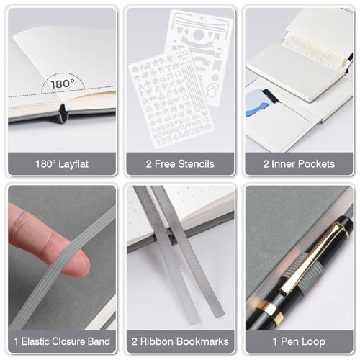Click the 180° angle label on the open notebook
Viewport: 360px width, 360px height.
[63, 84]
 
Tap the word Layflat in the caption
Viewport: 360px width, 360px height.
[73, 164]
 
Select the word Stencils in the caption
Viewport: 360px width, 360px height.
[197, 164]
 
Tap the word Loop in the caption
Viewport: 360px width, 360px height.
[314, 342]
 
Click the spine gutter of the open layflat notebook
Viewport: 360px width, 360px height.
[63, 113]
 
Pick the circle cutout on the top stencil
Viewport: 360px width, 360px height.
[199, 35]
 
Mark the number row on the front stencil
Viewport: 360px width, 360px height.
[186, 136]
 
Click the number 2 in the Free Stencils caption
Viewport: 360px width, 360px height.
[148, 164]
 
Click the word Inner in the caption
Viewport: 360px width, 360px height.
[279, 164]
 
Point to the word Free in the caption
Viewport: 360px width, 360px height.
[165, 164]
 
